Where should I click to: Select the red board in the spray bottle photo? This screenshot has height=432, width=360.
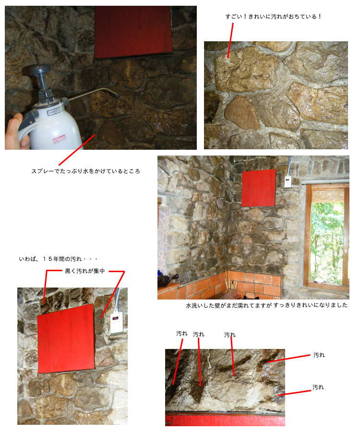(133, 32)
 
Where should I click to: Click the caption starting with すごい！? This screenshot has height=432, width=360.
(273, 16)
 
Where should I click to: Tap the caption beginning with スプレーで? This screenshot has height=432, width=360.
(85, 171)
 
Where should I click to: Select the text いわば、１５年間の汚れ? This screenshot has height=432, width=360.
(50, 259)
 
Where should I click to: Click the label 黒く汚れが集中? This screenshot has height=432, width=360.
(85, 271)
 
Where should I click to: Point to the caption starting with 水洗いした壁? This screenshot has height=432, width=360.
(266, 305)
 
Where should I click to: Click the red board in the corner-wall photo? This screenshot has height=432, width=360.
(258, 188)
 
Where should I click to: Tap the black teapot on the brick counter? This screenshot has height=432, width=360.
(167, 281)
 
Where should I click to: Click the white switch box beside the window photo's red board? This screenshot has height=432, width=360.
(288, 181)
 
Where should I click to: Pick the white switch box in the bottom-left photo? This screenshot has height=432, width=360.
(117, 323)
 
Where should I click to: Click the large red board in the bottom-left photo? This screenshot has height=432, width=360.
(66, 339)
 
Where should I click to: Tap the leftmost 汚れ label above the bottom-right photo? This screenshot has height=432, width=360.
(182, 334)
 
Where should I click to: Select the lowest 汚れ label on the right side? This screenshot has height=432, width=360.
(318, 387)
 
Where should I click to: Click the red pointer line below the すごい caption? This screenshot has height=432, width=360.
(230, 40)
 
